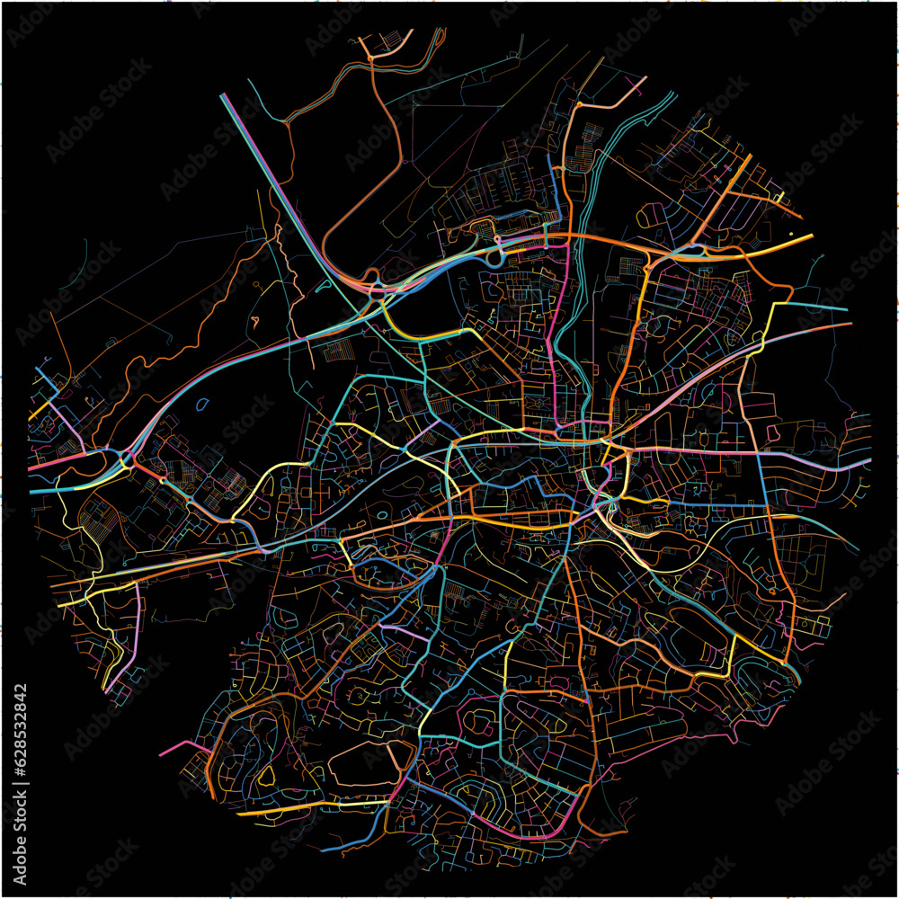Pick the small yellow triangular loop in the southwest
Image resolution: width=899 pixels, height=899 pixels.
click(x=266, y=774)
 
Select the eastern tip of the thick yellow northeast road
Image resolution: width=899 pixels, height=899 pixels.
click(x=811, y=237)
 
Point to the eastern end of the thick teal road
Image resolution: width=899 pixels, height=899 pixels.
click(x=847, y=310)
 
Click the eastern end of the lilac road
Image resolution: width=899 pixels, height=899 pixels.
click(x=868, y=462)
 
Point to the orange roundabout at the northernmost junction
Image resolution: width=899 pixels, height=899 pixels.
click(x=369, y=59)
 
